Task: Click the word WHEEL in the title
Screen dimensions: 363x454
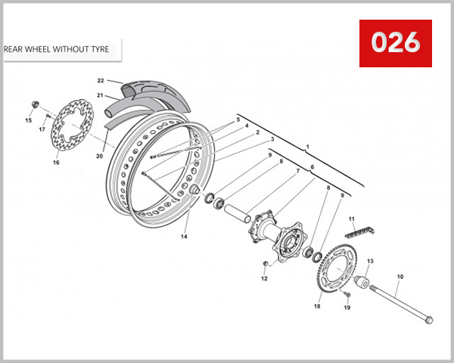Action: [x=44, y=50]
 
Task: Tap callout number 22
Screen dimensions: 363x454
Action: [x=100, y=80]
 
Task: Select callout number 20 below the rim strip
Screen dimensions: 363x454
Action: [x=99, y=157]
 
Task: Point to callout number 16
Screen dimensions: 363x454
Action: [x=55, y=162]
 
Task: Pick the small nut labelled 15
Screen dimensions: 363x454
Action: [x=35, y=104]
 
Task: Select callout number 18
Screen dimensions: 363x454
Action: [x=317, y=306]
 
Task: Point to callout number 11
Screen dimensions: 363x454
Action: [x=352, y=219]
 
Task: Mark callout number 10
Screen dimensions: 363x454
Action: [x=400, y=277]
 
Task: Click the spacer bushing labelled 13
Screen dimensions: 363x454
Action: [x=361, y=285]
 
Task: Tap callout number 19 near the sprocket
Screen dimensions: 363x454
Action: [x=347, y=308]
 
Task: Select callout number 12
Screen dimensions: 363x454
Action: [x=264, y=279]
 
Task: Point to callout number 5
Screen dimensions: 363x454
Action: [x=237, y=119]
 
